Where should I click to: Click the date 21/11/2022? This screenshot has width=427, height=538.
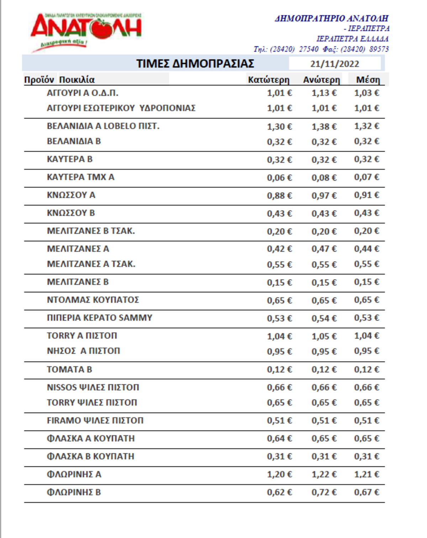pyautogui.click(x=334, y=64)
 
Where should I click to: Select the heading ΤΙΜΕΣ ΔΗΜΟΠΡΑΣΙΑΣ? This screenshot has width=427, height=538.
pyautogui.click(x=195, y=64)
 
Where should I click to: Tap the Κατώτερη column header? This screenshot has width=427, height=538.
pyautogui.click(x=269, y=80)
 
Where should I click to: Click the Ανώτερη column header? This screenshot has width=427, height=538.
pyautogui.click(x=321, y=80)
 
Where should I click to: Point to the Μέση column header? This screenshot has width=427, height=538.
pyautogui.click(x=368, y=80)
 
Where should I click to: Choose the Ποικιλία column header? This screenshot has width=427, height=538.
pyautogui.click(x=77, y=80)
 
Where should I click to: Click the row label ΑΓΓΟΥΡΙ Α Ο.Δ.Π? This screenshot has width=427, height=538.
pyautogui.click(x=83, y=93)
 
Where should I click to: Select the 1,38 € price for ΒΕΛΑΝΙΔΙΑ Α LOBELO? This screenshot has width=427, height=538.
pyautogui.click(x=324, y=127)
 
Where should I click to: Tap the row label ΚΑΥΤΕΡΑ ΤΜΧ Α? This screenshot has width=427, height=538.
pyautogui.click(x=81, y=177)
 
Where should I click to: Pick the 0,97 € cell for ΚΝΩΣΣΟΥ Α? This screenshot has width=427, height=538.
pyautogui.click(x=324, y=195)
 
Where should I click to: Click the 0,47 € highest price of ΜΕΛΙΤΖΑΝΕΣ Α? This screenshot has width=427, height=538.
pyautogui.click(x=324, y=249)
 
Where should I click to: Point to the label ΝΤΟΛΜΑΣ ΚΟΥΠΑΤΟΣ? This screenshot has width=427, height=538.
pyautogui.click(x=93, y=300)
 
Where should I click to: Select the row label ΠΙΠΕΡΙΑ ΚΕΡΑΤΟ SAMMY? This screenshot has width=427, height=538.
pyautogui.click(x=100, y=318)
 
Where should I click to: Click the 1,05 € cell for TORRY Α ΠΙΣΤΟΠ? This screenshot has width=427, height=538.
pyautogui.click(x=324, y=336)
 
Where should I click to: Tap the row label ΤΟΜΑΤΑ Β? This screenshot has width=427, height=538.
pyautogui.click(x=69, y=370)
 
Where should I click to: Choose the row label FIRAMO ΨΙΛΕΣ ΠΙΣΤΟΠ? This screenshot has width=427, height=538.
pyautogui.click(x=95, y=421)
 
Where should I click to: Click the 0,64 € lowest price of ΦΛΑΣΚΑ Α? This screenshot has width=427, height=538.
pyautogui.click(x=279, y=439)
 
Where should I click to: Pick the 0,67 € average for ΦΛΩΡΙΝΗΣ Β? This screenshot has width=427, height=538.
pyautogui.click(x=367, y=492)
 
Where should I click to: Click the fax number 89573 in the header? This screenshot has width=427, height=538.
pyautogui.click(x=379, y=49)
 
